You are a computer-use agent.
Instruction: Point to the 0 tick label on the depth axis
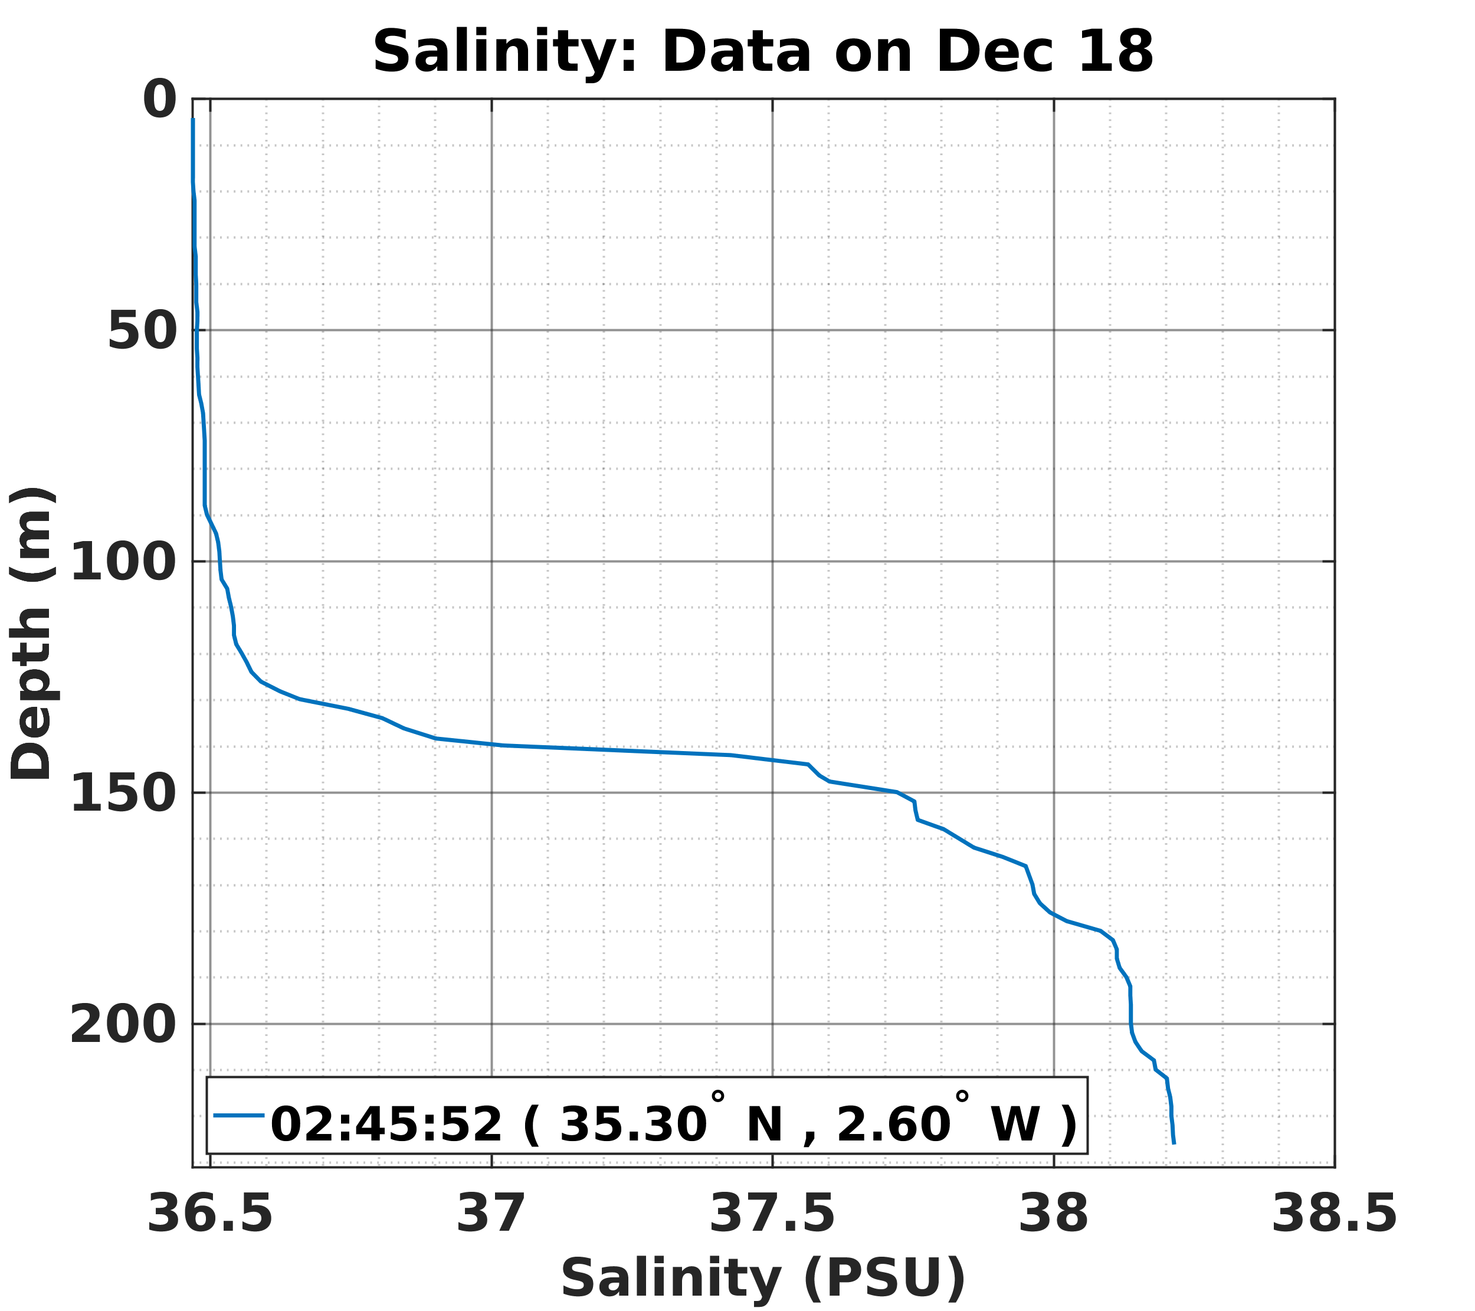[159, 100]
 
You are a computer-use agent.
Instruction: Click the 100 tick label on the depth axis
[123, 563]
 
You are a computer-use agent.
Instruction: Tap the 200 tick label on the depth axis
[123, 1025]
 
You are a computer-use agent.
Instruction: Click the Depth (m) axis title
[32, 634]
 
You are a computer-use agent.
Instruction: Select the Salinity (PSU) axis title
[763, 1278]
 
